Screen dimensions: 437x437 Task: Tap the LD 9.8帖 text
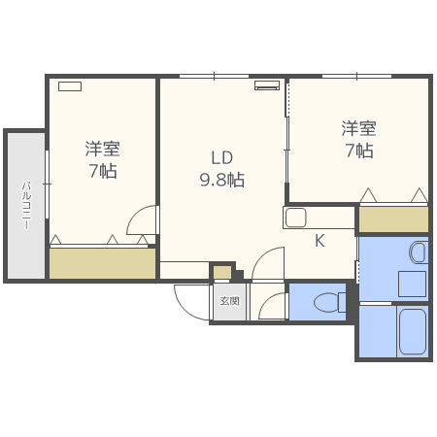(222, 168)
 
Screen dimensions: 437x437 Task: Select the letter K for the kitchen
(319, 242)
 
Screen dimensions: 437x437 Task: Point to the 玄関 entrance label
(230, 301)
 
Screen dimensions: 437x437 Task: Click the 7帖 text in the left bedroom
(102, 172)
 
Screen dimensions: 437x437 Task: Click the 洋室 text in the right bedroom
(358, 128)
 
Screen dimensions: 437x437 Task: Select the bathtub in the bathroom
(413, 333)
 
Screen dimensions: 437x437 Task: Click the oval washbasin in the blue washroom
(418, 253)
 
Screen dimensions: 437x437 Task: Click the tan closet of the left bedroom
(102, 263)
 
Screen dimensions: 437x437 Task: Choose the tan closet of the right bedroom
(392, 219)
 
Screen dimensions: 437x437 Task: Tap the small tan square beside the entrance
(222, 272)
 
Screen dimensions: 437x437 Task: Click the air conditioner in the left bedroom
(70, 85)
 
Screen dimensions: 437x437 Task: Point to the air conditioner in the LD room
(267, 85)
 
